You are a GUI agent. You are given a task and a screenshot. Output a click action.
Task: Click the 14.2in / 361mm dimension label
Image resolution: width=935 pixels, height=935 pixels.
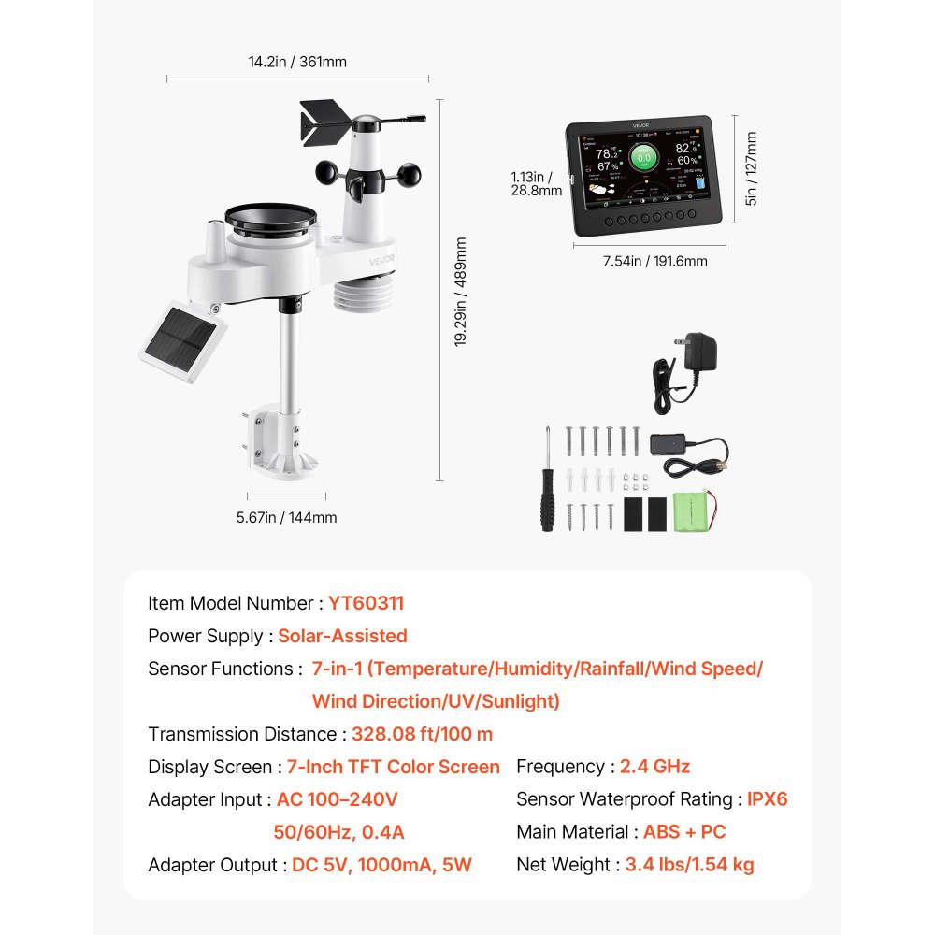[x=297, y=62]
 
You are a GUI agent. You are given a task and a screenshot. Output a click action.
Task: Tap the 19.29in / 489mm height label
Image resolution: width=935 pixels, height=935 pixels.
[x=460, y=292]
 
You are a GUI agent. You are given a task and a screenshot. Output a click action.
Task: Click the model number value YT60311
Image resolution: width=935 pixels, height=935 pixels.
[x=366, y=603]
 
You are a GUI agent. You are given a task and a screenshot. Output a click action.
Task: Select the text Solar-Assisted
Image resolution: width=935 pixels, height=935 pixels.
[x=342, y=636]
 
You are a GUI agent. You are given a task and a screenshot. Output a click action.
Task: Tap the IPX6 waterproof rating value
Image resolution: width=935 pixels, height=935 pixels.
[x=767, y=799]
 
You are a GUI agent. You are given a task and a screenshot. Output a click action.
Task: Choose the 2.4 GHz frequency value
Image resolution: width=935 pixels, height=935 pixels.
[x=654, y=767]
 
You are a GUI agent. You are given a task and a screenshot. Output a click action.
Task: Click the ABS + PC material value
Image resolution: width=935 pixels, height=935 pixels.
[x=684, y=832]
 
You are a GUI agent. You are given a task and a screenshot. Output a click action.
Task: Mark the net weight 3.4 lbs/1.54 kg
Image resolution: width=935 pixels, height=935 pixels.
[x=686, y=865]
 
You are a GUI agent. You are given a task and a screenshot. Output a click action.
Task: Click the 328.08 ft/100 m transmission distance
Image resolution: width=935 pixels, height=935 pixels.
[x=422, y=734]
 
